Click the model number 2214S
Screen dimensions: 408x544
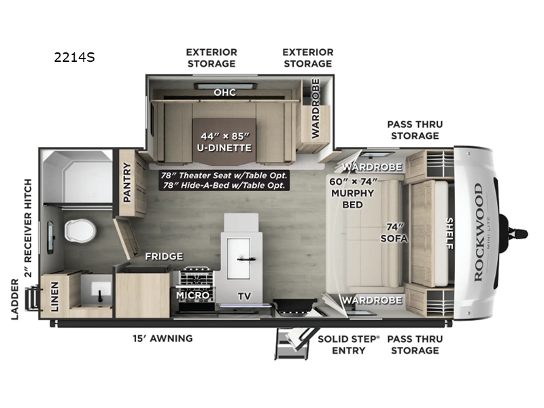(75, 58)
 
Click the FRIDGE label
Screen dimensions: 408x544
(163, 256)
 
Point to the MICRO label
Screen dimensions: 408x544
(192, 296)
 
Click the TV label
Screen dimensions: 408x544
(243, 296)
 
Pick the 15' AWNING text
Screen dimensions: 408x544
(163, 338)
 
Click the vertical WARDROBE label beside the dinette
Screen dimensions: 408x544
(315, 108)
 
